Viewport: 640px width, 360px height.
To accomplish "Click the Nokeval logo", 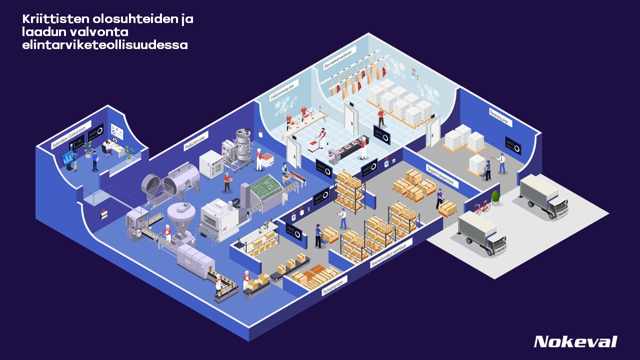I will (x=575, y=342).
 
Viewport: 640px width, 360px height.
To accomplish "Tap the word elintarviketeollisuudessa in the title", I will (x=105, y=45).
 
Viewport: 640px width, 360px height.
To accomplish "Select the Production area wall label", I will (x=196, y=141).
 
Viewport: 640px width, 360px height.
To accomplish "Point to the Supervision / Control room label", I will (x=71, y=135).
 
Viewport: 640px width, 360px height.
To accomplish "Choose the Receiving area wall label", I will (x=500, y=117).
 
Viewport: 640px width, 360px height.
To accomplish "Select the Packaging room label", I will (x=334, y=285).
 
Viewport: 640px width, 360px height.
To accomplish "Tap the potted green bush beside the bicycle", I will (x=495, y=197).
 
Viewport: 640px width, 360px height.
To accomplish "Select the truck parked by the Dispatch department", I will (x=481, y=233).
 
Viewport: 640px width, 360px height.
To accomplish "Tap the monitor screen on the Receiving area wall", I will (x=512, y=145).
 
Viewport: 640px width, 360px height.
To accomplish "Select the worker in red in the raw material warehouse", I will (x=381, y=117).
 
